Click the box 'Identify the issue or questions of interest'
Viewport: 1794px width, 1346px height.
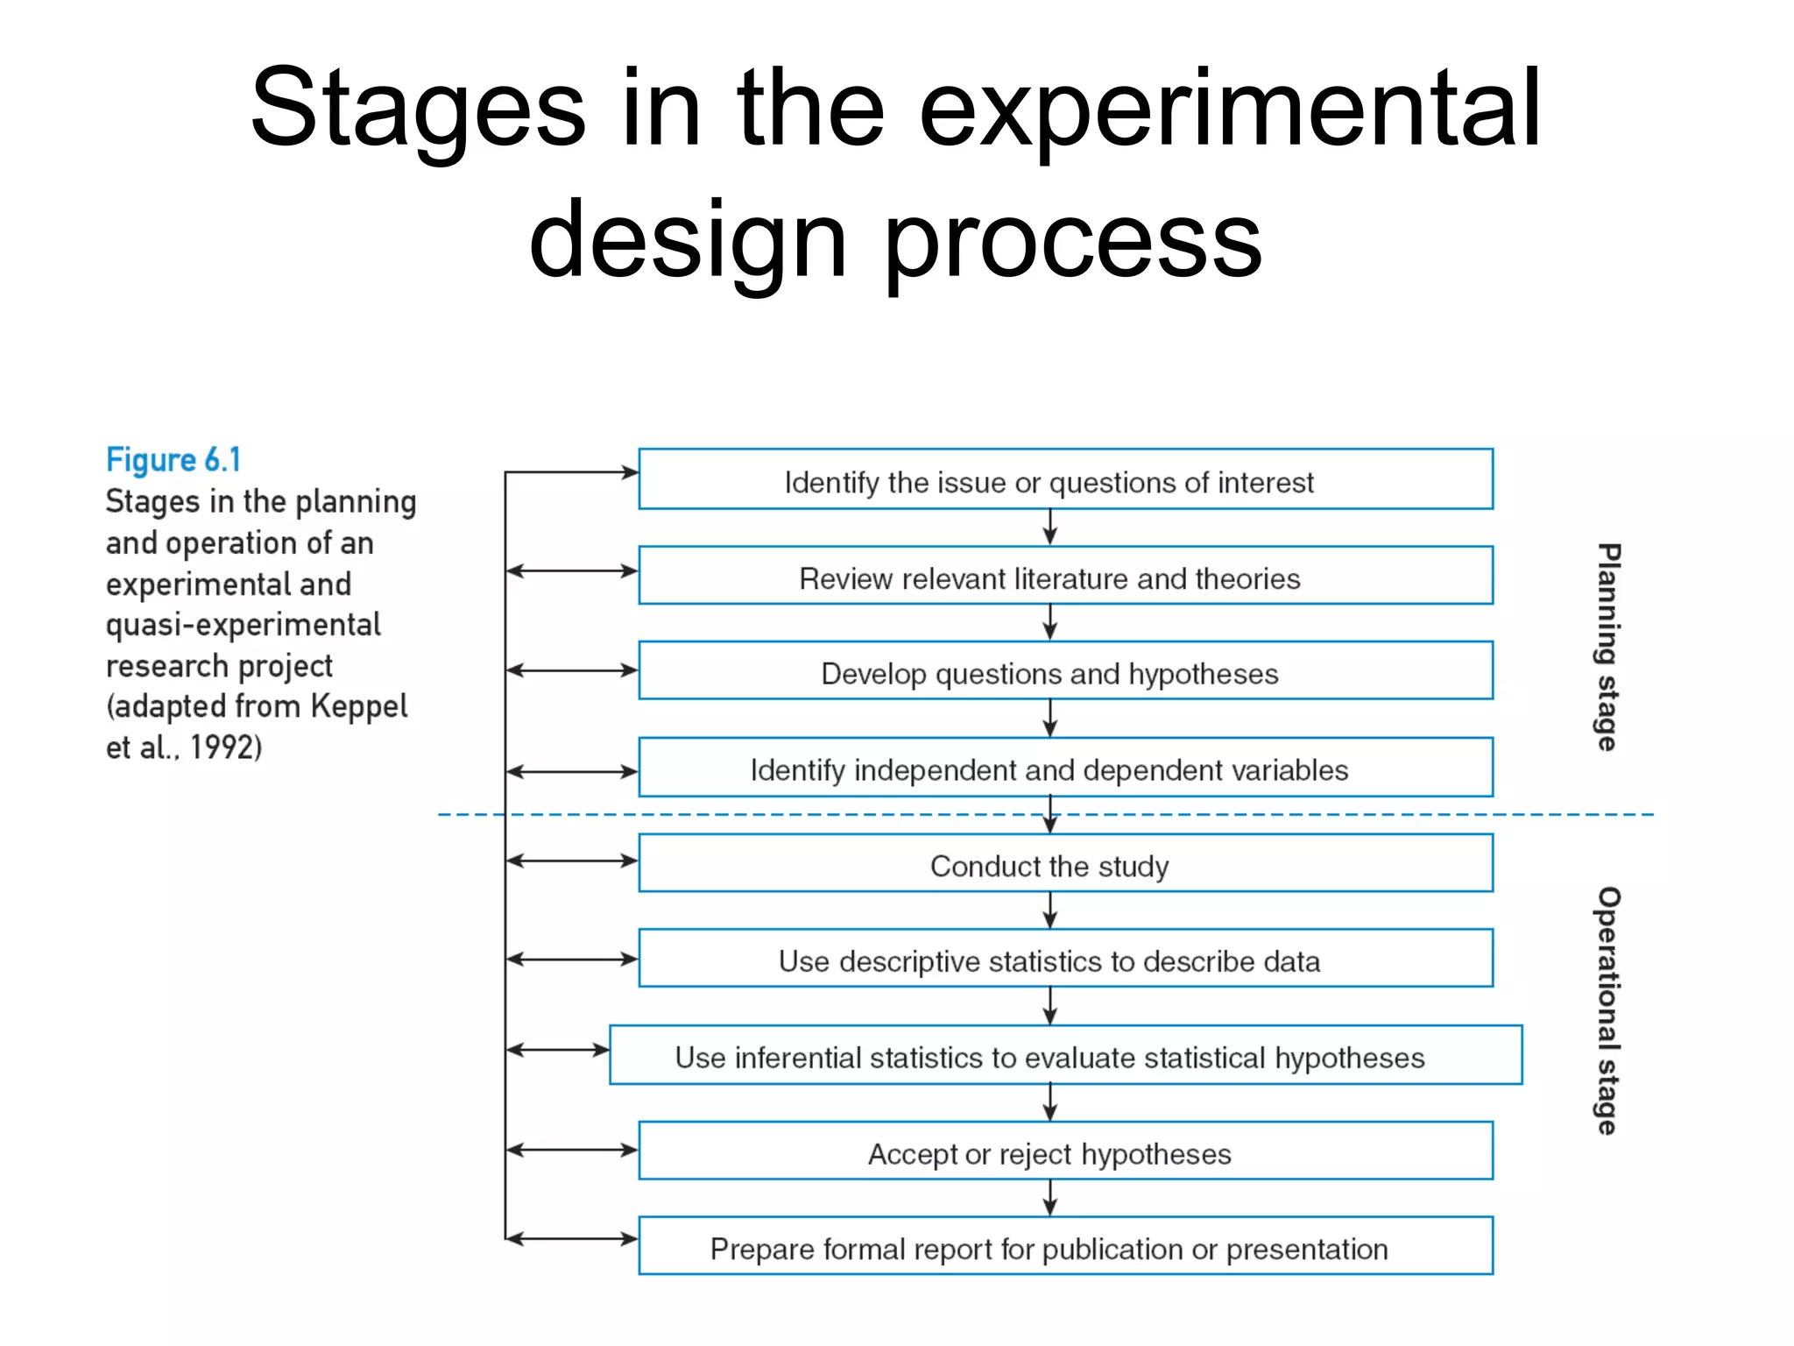tap(1065, 479)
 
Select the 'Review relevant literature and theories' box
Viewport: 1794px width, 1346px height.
tap(1065, 576)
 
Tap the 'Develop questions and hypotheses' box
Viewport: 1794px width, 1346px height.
tap(1065, 671)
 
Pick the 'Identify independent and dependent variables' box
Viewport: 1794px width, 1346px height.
tap(1065, 768)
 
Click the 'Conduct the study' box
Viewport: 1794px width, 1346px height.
tap(1065, 864)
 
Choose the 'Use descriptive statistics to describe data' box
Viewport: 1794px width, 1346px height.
tap(1065, 959)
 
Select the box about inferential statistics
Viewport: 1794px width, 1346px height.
tap(1065, 1055)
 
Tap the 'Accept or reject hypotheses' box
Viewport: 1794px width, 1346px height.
tap(1065, 1151)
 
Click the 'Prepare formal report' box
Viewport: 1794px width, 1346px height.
tap(1065, 1246)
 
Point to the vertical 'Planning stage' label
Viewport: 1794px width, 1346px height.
tap(1607, 647)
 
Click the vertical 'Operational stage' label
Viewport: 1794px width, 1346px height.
tap(1607, 1010)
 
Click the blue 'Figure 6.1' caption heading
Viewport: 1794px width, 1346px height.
tap(173, 460)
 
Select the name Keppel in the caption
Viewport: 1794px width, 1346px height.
tap(359, 706)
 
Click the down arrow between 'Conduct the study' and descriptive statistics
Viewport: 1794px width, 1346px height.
tap(1050, 910)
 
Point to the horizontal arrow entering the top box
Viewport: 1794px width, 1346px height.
tap(571, 472)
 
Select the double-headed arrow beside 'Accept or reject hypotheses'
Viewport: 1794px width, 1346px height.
tap(572, 1150)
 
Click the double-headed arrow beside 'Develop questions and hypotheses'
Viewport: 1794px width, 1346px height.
tap(572, 670)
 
